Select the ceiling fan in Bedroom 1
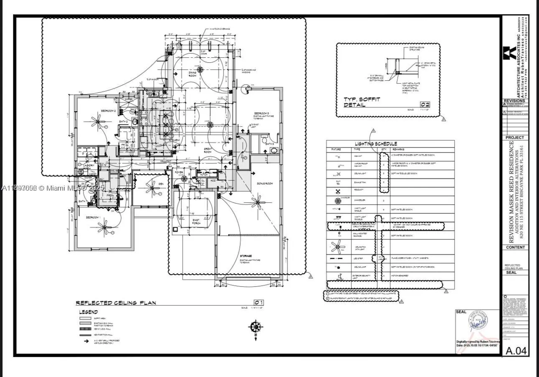click(x=104, y=227)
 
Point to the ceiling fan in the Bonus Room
click(x=258, y=203)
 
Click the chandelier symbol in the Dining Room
click(x=201, y=69)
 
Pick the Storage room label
click(x=246, y=255)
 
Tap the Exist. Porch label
click(x=196, y=222)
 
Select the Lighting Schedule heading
click(x=376, y=143)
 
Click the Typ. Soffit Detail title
click(x=362, y=102)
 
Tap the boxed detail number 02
click(x=425, y=104)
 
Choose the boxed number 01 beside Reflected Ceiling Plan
click(x=259, y=302)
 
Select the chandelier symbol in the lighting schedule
click(x=338, y=201)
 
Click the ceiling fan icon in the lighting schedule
click(x=338, y=247)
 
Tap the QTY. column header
click(x=384, y=149)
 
